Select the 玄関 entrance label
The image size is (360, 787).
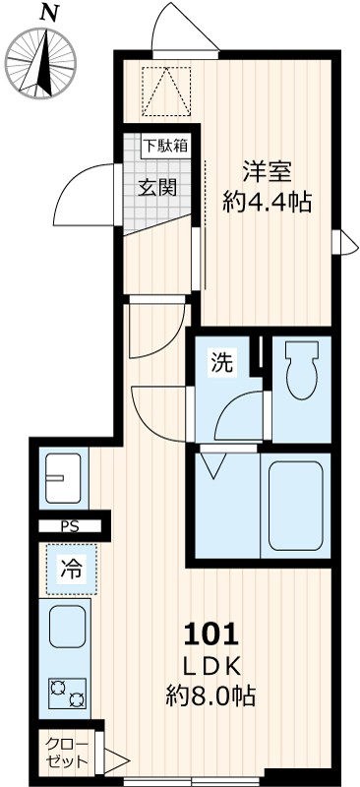point(157,186)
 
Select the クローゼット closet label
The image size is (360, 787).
point(67,754)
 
